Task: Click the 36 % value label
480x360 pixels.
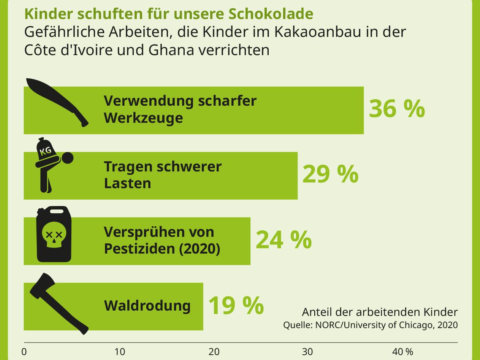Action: click(x=396, y=109)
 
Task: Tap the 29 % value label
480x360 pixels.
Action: click(x=330, y=174)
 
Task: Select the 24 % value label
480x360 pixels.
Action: click(x=284, y=240)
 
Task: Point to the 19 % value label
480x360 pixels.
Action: click(x=236, y=305)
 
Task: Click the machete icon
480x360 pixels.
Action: click(x=57, y=100)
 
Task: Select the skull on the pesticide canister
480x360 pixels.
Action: click(x=54, y=236)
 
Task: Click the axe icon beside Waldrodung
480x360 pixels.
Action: click(x=57, y=303)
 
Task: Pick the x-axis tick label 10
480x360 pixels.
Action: click(x=120, y=352)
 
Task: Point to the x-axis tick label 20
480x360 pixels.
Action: click(x=214, y=352)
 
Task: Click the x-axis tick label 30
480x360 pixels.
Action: click(x=307, y=352)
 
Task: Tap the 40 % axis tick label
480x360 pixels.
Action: click(x=402, y=352)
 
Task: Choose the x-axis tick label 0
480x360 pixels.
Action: click(x=24, y=352)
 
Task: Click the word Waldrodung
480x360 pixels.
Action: click(x=147, y=306)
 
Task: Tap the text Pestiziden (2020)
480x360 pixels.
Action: click(x=162, y=249)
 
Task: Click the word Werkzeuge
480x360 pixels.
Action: click(x=143, y=118)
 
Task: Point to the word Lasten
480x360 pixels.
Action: click(x=127, y=183)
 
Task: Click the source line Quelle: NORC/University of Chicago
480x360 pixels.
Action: click(x=370, y=325)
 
